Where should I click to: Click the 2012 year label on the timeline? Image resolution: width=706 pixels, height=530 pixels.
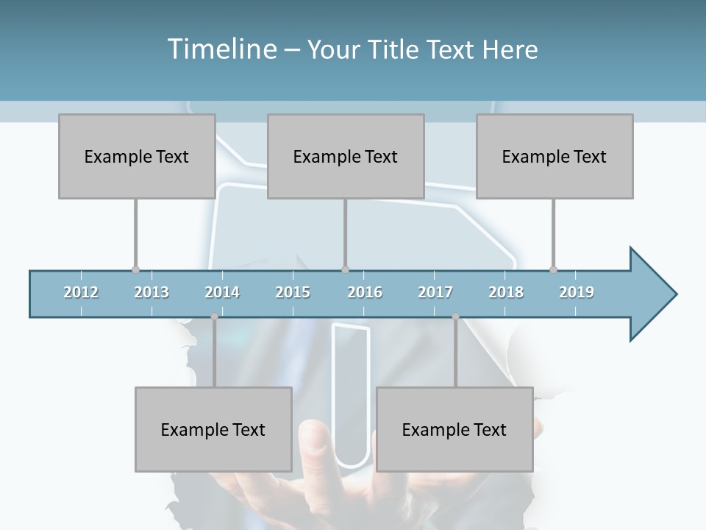[81, 292]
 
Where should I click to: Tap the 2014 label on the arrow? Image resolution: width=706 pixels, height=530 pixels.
[222, 292]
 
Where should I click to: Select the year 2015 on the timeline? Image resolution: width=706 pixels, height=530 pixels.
[293, 292]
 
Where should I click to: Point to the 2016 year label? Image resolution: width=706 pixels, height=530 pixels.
[365, 292]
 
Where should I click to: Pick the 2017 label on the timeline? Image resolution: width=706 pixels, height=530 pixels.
[435, 292]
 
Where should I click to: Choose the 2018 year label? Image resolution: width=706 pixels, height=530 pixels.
[506, 292]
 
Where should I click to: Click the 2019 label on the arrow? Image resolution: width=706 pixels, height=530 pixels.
[577, 292]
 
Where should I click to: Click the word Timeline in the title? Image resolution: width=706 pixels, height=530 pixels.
[221, 49]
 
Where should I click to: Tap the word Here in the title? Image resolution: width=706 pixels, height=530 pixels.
[510, 49]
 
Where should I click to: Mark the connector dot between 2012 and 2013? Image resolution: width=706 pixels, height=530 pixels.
[135, 270]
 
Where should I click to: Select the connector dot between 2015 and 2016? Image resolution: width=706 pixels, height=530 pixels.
[345, 270]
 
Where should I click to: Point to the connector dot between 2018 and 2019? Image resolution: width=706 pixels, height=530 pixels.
[553, 270]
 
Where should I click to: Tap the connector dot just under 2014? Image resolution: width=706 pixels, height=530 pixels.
[214, 317]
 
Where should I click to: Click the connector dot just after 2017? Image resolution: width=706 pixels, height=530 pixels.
[455, 317]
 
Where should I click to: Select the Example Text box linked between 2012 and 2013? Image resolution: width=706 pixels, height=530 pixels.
[137, 156]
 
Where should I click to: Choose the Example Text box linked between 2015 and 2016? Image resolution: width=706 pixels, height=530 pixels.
[346, 156]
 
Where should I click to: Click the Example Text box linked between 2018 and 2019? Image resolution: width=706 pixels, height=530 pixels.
[555, 156]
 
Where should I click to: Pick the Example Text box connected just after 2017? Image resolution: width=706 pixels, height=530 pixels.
[454, 429]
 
